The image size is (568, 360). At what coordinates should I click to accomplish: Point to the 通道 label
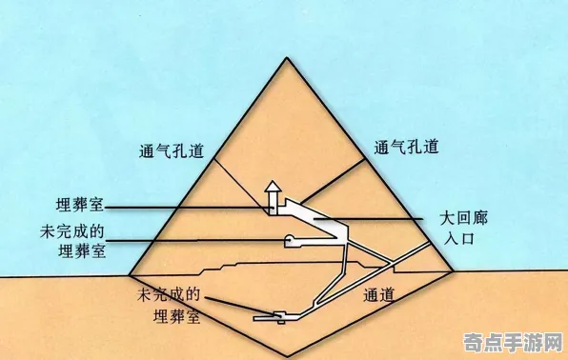377,296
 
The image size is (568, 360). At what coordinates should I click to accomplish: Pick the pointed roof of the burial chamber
272,186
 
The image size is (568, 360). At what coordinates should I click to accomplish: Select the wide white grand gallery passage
319,224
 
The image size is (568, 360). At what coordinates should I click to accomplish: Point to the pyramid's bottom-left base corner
129,276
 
